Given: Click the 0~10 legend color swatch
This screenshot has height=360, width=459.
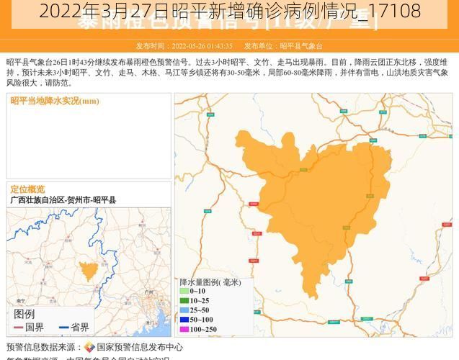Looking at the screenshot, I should point(184,291).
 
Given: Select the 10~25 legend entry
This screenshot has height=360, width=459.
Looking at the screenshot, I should point(195,300).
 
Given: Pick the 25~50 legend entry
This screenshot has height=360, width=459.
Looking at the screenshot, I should point(195,310).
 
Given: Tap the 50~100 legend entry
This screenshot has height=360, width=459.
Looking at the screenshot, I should point(197,319).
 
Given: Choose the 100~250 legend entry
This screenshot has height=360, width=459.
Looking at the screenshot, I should point(198,329).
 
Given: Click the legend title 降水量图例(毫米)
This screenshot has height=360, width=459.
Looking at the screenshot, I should point(211,282).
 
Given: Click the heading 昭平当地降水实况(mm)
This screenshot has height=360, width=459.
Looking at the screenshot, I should point(55,101).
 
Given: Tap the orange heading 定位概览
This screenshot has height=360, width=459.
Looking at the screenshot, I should point(27,189).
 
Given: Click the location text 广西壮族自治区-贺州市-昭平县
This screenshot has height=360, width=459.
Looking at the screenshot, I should point(63,199).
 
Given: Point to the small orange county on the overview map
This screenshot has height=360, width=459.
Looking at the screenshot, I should point(89,271).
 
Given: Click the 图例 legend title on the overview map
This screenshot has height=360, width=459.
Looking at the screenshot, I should point(24,314).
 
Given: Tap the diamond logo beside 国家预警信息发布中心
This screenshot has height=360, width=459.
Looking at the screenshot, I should point(89,347).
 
